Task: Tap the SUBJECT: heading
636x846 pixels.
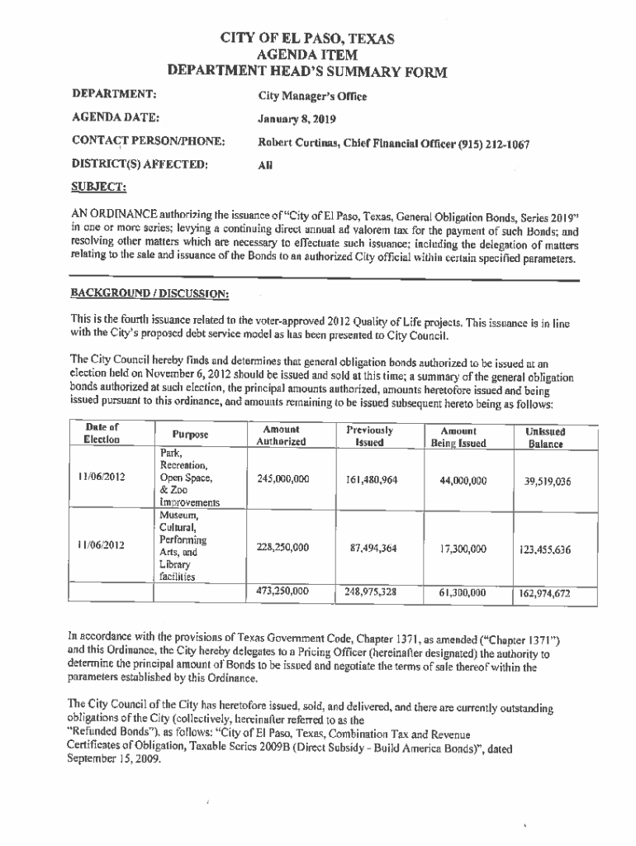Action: click(98, 186)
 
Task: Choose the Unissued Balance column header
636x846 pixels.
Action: click(544, 437)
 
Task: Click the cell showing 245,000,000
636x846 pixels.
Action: click(282, 478)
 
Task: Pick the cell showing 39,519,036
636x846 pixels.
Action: click(546, 481)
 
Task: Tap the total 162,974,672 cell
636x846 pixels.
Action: click(544, 593)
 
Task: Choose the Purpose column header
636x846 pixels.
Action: click(190, 435)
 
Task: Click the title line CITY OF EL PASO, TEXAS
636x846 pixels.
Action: click(306, 38)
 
